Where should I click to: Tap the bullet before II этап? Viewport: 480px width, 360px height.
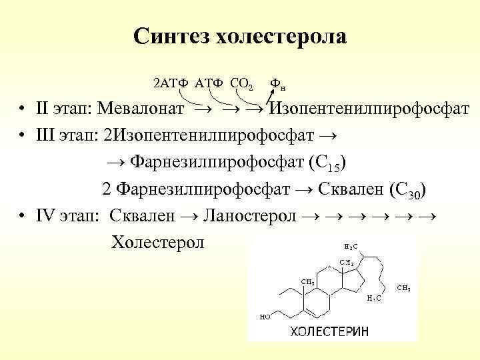23,109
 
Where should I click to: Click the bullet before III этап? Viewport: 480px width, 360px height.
23,136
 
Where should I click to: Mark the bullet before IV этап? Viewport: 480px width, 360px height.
23,215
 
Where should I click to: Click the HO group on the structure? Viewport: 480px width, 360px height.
265,317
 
